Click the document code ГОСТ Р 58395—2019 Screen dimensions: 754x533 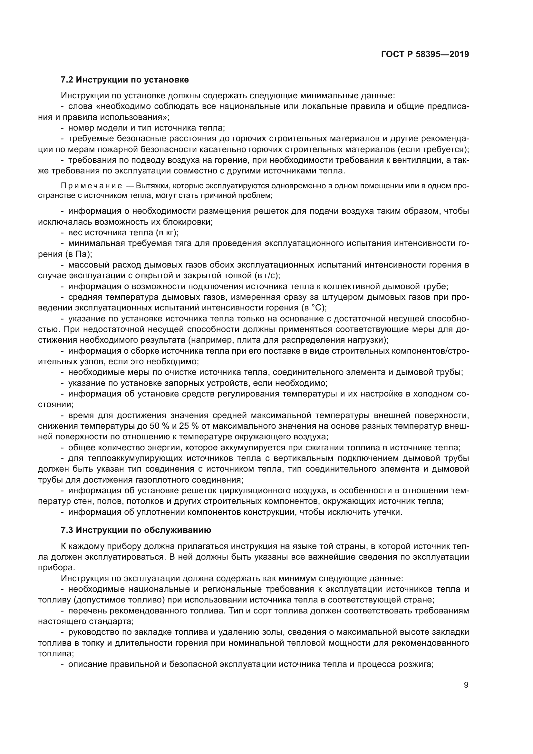[425, 54]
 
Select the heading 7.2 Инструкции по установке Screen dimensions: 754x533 [125, 80]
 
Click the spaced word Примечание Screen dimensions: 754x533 [92, 186]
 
